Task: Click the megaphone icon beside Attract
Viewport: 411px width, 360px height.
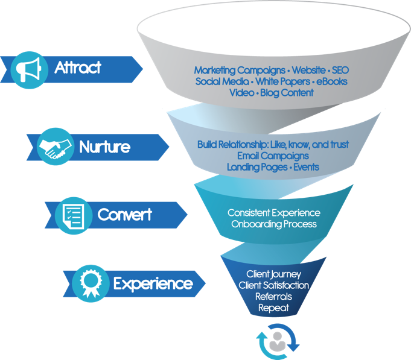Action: tap(28, 68)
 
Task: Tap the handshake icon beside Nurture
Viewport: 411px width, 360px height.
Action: tap(55, 147)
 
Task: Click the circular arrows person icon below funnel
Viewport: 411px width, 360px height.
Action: tap(279, 341)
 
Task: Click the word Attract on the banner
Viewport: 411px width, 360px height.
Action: tap(78, 68)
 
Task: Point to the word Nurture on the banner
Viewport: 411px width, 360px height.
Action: tap(104, 147)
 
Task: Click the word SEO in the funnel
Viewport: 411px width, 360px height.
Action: tap(340, 71)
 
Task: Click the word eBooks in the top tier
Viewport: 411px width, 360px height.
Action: tap(332, 81)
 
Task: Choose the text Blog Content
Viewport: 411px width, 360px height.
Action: tap(287, 93)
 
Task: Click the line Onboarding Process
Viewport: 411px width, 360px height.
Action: tap(273, 224)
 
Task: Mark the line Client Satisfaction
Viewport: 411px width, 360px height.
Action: tap(274, 285)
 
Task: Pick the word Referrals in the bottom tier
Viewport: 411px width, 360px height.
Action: tap(273, 297)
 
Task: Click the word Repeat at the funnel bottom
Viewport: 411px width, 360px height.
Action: tap(273, 308)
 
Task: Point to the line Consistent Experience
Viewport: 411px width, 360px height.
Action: tap(273, 213)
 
